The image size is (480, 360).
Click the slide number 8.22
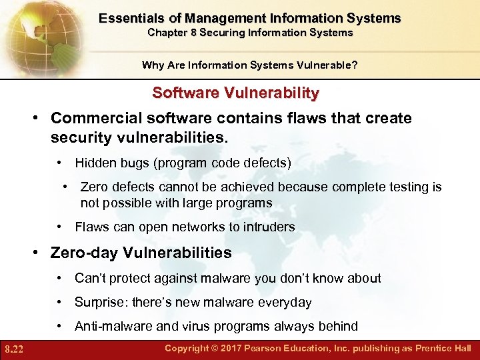(x=14, y=349)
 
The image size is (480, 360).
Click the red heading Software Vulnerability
(x=235, y=93)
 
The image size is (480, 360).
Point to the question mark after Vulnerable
(x=354, y=65)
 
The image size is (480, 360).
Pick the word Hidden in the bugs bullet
(x=95, y=163)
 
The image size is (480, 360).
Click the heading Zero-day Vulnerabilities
(x=141, y=253)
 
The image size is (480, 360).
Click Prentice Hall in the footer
(x=443, y=348)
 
